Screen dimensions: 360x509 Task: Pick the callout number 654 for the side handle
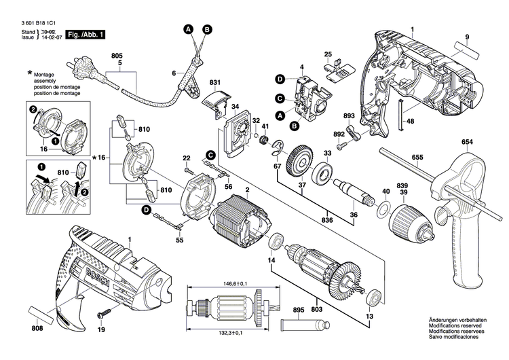click(466, 142)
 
